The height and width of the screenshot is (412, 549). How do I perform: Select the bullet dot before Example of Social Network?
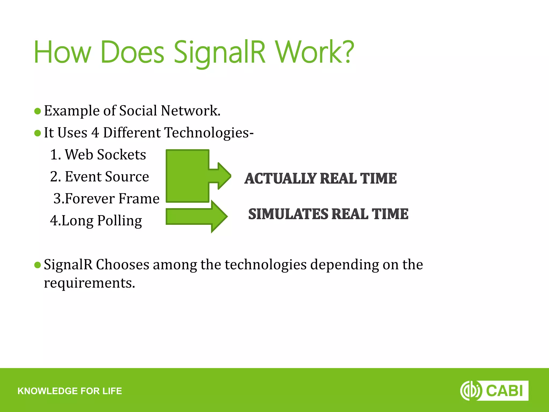click(x=38, y=111)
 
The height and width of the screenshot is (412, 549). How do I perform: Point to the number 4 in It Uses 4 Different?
click(x=95, y=133)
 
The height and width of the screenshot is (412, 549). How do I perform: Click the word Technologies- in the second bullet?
click(x=209, y=133)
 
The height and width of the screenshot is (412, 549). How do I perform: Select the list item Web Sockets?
click(x=98, y=155)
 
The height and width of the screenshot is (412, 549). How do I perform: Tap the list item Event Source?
click(x=99, y=177)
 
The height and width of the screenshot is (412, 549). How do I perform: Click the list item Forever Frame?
click(x=106, y=199)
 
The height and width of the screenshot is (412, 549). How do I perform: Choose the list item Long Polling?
click(x=96, y=221)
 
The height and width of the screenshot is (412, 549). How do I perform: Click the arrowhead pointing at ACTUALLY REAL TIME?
click(x=224, y=176)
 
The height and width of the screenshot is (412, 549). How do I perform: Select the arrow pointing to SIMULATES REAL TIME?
click(x=197, y=216)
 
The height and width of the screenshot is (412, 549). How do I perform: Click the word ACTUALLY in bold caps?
click(x=280, y=179)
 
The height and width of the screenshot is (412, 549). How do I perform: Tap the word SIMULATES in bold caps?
click(x=288, y=214)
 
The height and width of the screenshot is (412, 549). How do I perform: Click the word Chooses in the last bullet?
click(x=123, y=265)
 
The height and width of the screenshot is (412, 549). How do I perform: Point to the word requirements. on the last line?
click(x=90, y=283)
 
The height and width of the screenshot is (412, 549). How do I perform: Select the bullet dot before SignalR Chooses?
click(x=38, y=265)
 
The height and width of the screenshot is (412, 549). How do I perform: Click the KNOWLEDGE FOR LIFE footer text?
click(x=70, y=391)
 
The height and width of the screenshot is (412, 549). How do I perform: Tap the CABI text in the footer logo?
click(x=504, y=391)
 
